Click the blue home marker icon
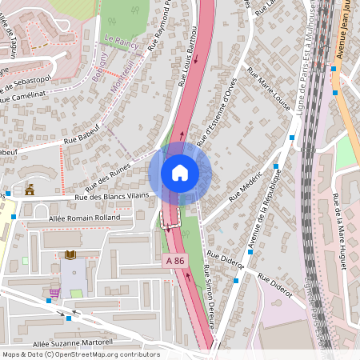point(180,172)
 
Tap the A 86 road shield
point(176,261)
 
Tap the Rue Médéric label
point(246,186)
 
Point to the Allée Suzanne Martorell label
point(74,343)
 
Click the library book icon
point(70,255)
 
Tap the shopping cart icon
point(54,292)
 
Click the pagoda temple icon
point(30,190)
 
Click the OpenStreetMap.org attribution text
point(106,354)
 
